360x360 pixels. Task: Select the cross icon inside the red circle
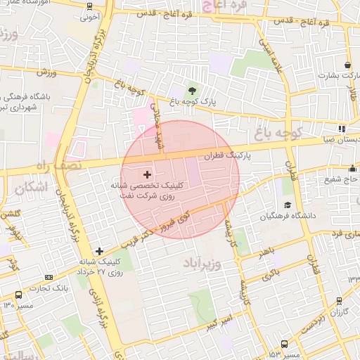tap(146, 174)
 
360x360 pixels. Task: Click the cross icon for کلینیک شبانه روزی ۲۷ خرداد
tap(99, 251)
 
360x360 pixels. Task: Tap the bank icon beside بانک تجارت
tap(18, 294)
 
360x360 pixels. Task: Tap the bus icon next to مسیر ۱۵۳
tap(284, 344)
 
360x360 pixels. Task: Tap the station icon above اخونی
tap(89, 7)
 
